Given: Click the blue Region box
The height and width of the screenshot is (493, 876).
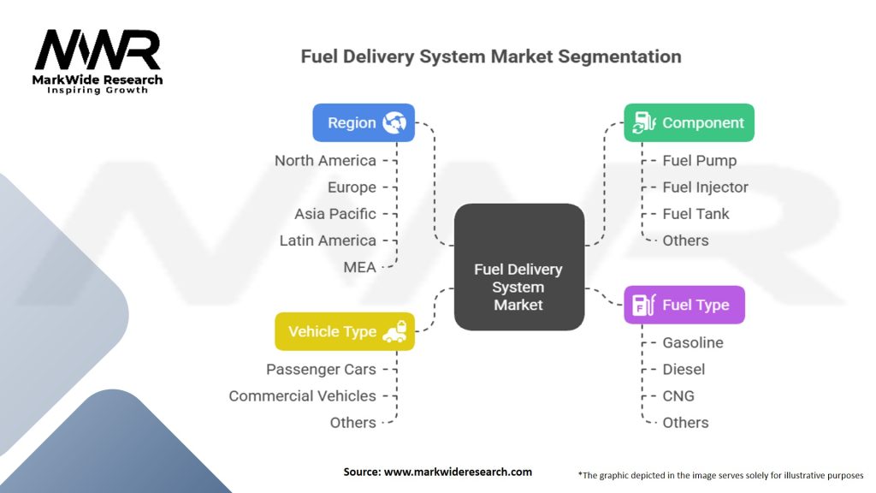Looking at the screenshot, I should tap(364, 122).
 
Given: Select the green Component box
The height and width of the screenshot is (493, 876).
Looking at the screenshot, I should tap(689, 122).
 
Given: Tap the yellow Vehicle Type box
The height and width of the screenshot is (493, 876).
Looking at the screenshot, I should tap(345, 331).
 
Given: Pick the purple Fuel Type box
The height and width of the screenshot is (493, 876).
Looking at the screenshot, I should tap(684, 305).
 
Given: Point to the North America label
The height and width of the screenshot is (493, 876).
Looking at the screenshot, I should tap(325, 161).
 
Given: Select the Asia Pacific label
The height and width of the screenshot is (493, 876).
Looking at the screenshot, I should tap(335, 214).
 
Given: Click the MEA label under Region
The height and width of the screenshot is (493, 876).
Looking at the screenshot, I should tap(359, 267).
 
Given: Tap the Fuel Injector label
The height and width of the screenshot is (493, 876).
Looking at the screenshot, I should tap(705, 187).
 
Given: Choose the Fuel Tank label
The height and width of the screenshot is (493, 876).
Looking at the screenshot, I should tap(695, 214).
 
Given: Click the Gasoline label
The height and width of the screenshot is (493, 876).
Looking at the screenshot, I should tap(693, 342).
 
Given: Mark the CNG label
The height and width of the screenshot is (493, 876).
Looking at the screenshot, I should tap(678, 395).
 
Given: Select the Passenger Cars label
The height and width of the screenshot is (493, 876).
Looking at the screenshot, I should tap(321, 369).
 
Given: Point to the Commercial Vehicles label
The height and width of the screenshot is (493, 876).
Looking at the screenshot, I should tap(302, 395).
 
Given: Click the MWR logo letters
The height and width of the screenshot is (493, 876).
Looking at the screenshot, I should tap(98, 51).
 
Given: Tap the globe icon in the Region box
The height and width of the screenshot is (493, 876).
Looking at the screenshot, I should tap(394, 122).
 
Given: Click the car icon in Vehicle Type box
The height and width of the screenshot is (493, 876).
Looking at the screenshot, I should tap(394, 331).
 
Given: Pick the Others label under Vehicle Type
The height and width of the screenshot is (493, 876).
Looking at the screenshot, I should tap(352, 422).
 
